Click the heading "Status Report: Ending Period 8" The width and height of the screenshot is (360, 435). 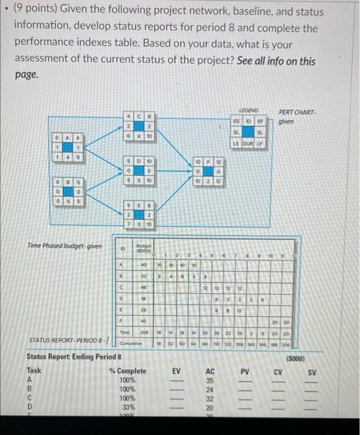click(70, 358)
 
